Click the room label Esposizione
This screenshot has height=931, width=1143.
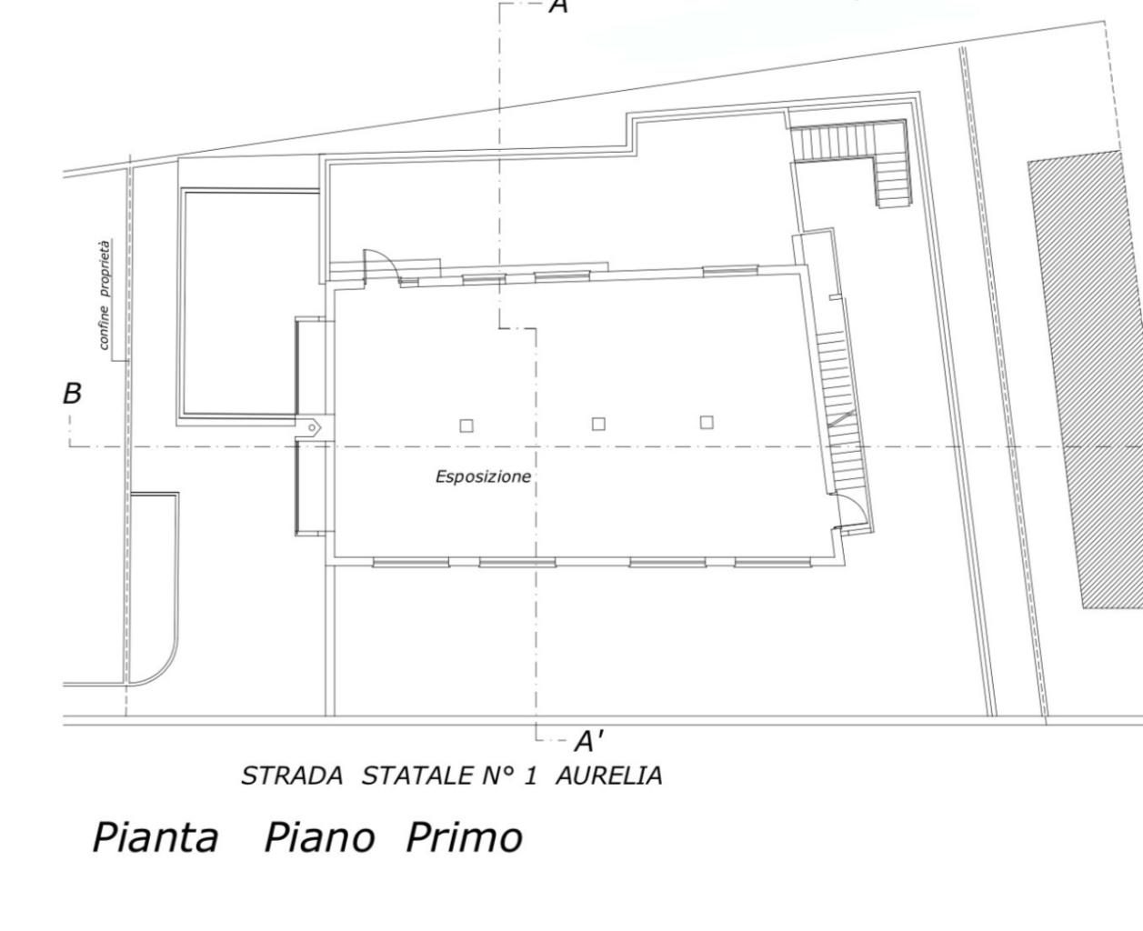click(483, 476)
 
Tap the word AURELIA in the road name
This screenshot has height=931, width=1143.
click(609, 776)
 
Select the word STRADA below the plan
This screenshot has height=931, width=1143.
click(292, 776)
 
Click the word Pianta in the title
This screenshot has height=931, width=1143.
click(155, 838)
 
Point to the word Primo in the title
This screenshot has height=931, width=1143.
click(464, 838)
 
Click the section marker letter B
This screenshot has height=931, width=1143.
click(73, 394)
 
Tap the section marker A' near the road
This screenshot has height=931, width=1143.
click(588, 742)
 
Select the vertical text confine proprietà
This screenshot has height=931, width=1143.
click(105, 295)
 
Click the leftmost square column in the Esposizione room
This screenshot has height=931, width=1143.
click(466, 426)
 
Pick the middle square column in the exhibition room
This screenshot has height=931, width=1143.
click(598, 425)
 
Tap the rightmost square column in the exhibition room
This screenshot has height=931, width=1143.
click(707, 423)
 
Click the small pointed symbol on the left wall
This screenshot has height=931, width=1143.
click(313, 427)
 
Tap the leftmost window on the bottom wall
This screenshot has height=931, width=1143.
click(410, 563)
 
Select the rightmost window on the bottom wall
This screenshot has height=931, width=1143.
click(772, 563)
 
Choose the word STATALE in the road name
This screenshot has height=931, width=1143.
click(417, 776)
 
